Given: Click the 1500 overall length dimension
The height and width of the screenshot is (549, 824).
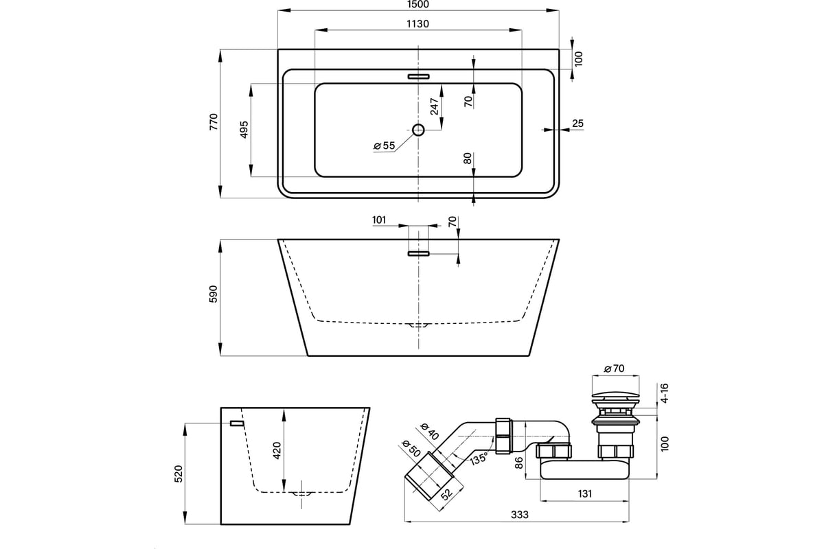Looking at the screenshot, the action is (x=418, y=4).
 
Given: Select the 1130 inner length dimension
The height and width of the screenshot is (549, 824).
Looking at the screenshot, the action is (x=418, y=24).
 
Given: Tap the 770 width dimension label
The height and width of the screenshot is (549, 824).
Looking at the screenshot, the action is (x=214, y=121).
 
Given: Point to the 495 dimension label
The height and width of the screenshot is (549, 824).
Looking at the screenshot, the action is (x=244, y=130).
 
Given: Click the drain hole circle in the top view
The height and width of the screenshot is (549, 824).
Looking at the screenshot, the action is (x=418, y=130).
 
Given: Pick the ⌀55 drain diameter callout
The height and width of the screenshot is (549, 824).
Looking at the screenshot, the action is (x=384, y=145).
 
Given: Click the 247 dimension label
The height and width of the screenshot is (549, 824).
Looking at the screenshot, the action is (x=435, y=106).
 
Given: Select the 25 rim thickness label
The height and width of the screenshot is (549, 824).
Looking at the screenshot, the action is (x=578, y=124).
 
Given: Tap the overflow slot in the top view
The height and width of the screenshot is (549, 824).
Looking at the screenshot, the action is (x=419, y=76).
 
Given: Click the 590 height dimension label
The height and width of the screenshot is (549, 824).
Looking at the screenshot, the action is (x=214, y=294).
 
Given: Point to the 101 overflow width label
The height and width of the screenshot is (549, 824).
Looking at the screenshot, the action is (x=379, y=220).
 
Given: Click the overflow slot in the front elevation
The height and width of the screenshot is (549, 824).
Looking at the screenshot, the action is (x=419, y=253).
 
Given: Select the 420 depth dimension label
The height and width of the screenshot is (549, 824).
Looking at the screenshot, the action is (x=277, y=450).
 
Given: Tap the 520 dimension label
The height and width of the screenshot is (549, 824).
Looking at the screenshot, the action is (x=178, y=474).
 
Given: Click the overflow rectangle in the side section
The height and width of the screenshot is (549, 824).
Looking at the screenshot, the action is (x=237, y=423).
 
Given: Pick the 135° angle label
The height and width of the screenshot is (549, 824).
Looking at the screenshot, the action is (x=478, y=459).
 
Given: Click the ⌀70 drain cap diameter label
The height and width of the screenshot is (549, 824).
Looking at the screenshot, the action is (x=614, y=369).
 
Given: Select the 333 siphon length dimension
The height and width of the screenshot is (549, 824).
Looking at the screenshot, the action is (x=520, y=515).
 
